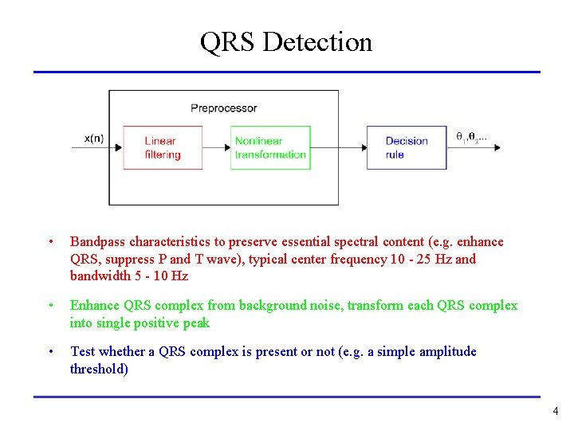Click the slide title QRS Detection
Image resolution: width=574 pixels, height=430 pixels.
coord(286,41)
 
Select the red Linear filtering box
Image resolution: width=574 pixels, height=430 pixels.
coord(163,147)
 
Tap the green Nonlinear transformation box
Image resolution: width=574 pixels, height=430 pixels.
coord(270,147)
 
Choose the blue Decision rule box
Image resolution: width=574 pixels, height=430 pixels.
coord(406,147)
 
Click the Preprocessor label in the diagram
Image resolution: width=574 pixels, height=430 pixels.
coord(223,108)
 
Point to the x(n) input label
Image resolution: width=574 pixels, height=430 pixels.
coord(94,138)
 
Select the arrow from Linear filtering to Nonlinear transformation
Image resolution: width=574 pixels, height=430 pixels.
coord(217,147)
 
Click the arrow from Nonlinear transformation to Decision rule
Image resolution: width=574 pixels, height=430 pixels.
coord(338,147)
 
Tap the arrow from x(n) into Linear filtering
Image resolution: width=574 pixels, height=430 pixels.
coord(100,147)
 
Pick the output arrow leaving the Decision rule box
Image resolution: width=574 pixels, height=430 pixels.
coord(474,147)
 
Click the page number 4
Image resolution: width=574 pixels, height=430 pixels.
coord(555,412)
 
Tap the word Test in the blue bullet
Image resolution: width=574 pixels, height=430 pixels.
coord(84,351)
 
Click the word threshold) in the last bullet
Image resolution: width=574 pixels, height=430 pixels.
coord(99,369)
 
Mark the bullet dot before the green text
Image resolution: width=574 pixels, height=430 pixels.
coord(50,306)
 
